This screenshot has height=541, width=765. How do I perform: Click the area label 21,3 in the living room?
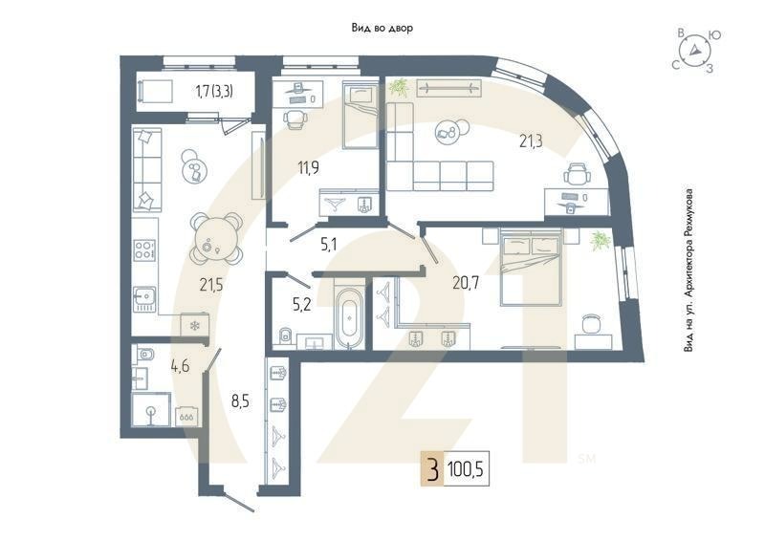533,141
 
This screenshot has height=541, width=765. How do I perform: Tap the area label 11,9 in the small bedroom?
307,169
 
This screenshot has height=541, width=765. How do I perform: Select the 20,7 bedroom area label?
466,281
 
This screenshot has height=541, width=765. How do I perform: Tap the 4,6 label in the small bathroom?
180,364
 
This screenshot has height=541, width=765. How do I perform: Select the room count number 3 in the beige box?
433,469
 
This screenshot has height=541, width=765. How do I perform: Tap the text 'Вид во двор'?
382,29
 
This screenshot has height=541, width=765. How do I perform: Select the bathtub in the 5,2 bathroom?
349,315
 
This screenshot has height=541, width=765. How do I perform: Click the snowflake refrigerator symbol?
195,326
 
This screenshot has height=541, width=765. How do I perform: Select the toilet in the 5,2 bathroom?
285,335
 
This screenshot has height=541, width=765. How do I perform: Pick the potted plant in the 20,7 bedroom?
600,240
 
